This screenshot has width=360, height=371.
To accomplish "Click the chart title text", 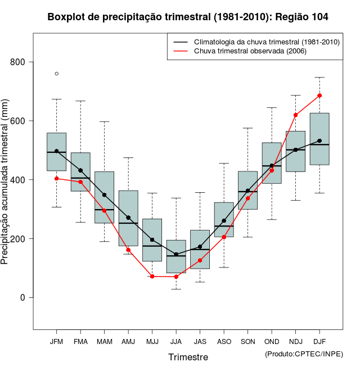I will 188,17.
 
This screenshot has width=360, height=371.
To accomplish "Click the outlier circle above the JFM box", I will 57,74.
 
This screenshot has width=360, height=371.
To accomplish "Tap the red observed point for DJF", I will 319,96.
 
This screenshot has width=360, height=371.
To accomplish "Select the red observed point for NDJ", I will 296,115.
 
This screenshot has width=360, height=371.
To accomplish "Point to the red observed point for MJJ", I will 152,276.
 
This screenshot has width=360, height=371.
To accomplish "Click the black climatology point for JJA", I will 176,254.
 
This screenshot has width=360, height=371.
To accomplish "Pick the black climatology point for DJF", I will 319,141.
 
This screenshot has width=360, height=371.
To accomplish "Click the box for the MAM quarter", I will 104,197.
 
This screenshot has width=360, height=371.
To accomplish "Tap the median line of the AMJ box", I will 128,223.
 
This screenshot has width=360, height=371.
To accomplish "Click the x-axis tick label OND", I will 272,341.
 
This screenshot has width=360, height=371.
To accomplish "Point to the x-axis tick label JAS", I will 200,341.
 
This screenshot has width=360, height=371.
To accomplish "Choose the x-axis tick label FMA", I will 80,341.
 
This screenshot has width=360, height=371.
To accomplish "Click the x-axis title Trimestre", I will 188,357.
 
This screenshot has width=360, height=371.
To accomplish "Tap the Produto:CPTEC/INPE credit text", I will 304,354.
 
